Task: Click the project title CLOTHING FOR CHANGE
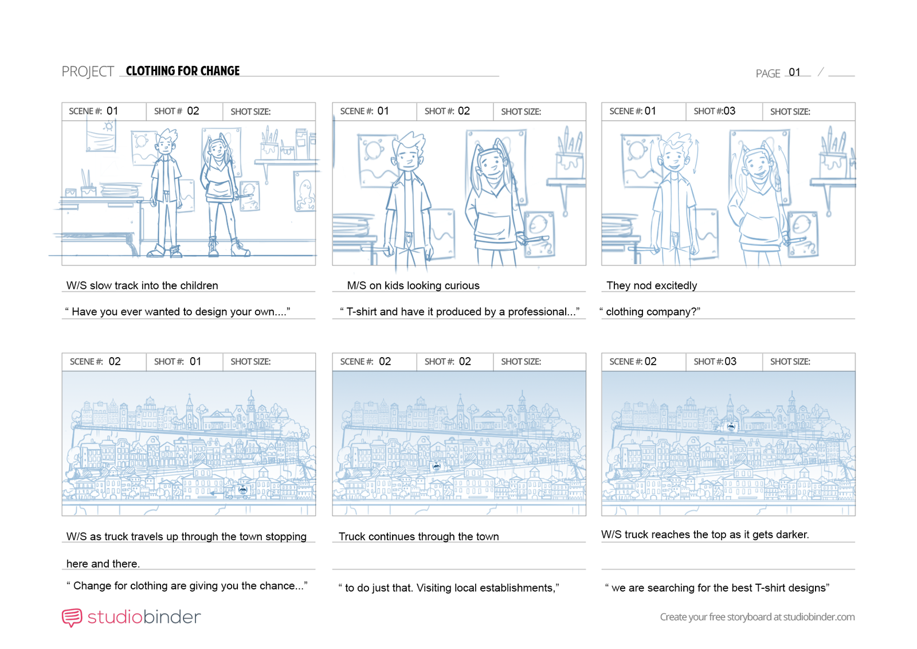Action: [183, 71]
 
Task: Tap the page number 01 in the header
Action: [794, 72]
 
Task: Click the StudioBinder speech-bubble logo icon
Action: [72, 617]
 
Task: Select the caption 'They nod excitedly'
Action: [651, 286]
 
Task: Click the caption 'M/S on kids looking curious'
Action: [413, 286]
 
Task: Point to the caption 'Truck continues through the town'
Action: [419, 537]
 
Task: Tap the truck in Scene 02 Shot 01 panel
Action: [241, 490]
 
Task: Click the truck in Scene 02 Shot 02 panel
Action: [436, 466]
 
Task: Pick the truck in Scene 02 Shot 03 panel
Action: [730, 427]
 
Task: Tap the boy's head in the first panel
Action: [166, 141]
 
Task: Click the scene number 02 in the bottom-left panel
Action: [115, 362]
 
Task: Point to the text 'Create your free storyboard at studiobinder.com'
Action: [757, 617]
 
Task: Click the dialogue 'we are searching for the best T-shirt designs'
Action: [717, 588]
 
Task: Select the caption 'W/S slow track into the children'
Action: [142, 286]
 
